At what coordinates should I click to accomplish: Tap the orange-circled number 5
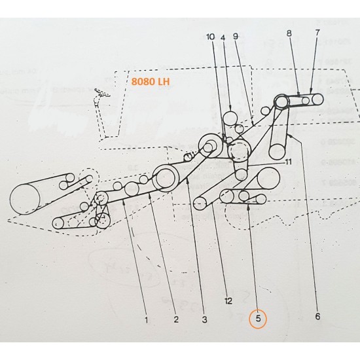pyautogui.click(x=258, y=319)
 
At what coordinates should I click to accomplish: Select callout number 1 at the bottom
pyautogui.click(x=146, y=320)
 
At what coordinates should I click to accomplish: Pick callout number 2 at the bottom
pyautogui.click(x=175, y=320)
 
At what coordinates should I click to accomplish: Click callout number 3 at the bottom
pyautogui.click(x=204, y=320)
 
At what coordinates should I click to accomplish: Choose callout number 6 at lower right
pyautogui.click(x=317, y=317)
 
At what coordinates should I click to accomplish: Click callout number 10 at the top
pyautogui.click(x=211, y=38)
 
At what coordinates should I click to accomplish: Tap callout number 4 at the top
pyautogui.click(x=223, y=38)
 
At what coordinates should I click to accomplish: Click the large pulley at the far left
pyautogui.click(x=25, y=199)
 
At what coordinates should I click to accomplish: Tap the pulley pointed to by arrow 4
pyautogui.click(x=230, y=118)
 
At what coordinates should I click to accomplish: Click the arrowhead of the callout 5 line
pyautogui.click(x=249, y=205)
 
